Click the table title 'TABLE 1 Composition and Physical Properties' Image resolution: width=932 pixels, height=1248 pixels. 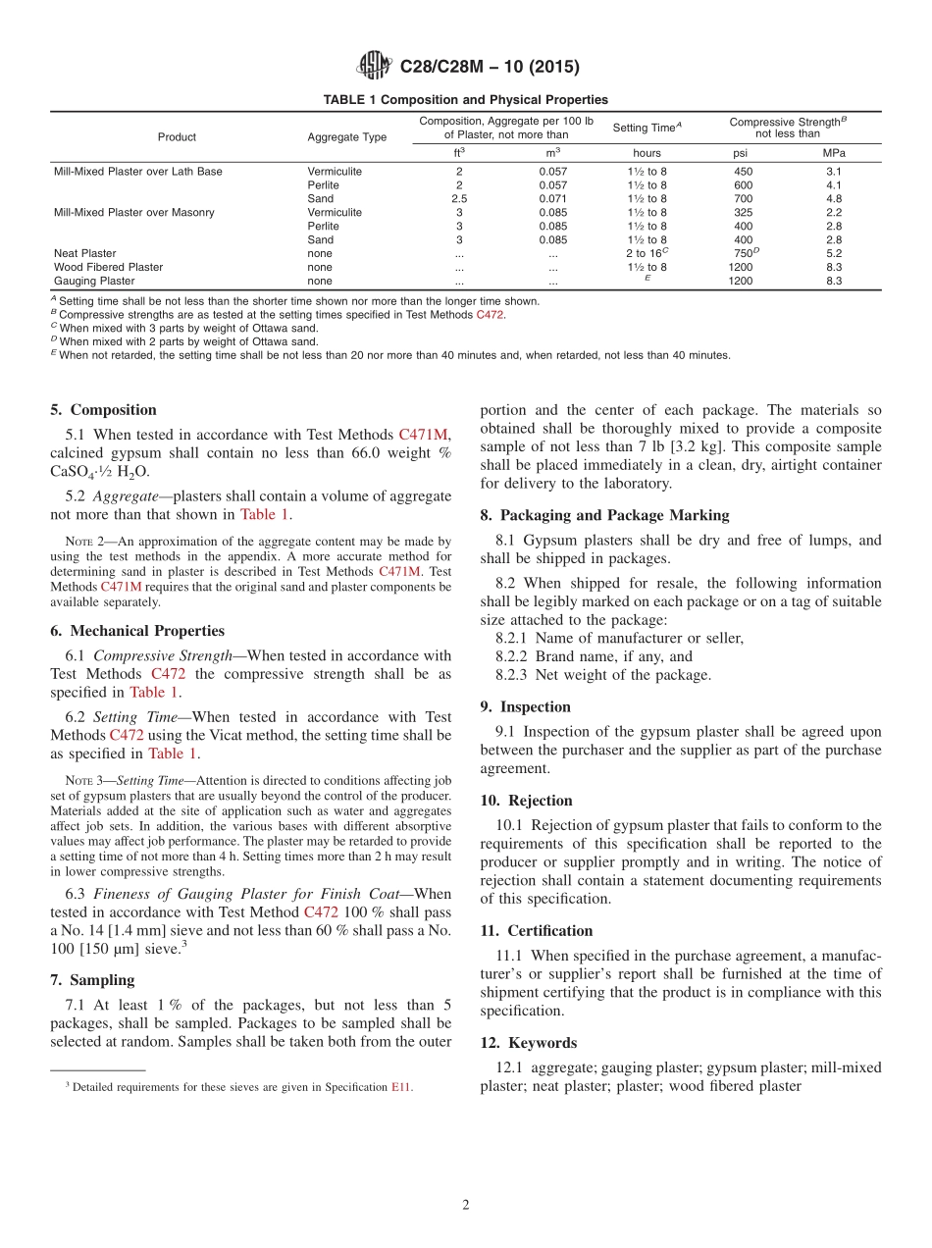point(466,100)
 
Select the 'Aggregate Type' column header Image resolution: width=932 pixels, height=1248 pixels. point(346,137)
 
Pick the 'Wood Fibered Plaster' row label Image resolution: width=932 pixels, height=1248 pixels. point(108,267)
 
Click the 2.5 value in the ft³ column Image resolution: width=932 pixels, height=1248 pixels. point(458,198)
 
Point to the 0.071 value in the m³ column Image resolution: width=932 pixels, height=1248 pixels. point(552,198)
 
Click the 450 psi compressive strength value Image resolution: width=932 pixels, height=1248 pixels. point(743,172)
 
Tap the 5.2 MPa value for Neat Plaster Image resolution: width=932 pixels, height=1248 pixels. point(834,253)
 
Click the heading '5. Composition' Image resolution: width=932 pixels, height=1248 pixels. point(103,410)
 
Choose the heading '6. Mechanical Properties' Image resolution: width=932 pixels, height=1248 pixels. point(137,631)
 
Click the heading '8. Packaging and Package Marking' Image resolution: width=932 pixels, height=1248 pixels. point(604,515)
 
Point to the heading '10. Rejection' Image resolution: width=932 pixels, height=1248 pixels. point(526,801)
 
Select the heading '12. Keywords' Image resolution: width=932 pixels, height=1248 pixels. point(528,1043)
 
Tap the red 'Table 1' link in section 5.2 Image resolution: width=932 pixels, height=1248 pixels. point(265,514)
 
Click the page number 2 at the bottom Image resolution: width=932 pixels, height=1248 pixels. point(466,1206)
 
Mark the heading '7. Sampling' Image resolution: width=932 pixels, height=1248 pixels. point(92,980)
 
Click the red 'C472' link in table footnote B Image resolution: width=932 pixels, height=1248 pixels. point(490,315)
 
